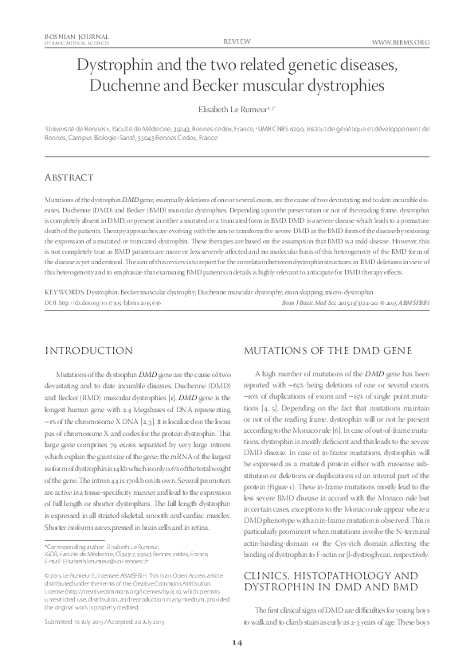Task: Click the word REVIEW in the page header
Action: point(237,40)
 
